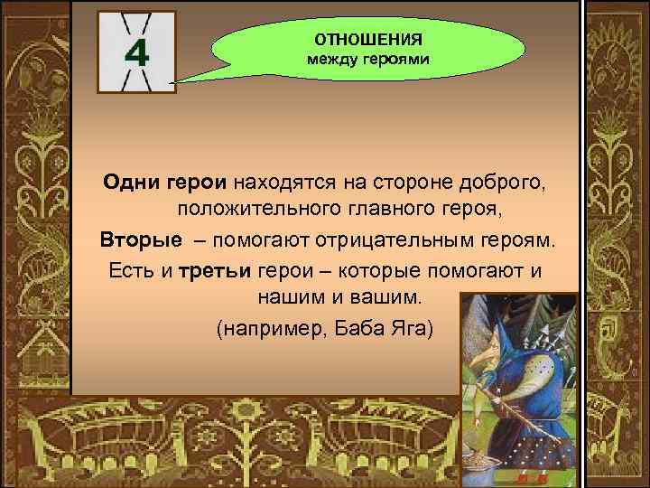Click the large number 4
coord(136,53)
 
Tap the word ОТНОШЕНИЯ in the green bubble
coord(367,40)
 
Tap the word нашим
coord(276,298)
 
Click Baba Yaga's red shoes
coord(522,471)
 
